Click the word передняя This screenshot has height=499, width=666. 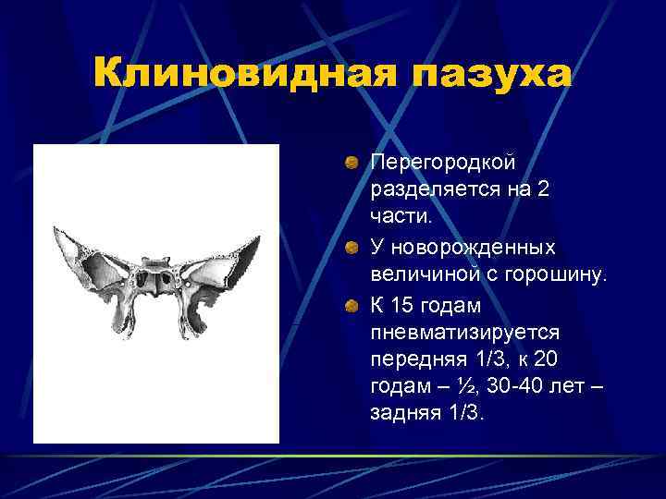tap(413, 356)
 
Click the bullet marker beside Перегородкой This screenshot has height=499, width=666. tap(352, 163)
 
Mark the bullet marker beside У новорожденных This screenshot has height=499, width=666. tap(352, 248)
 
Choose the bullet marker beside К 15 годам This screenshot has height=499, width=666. tap(352, 304)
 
